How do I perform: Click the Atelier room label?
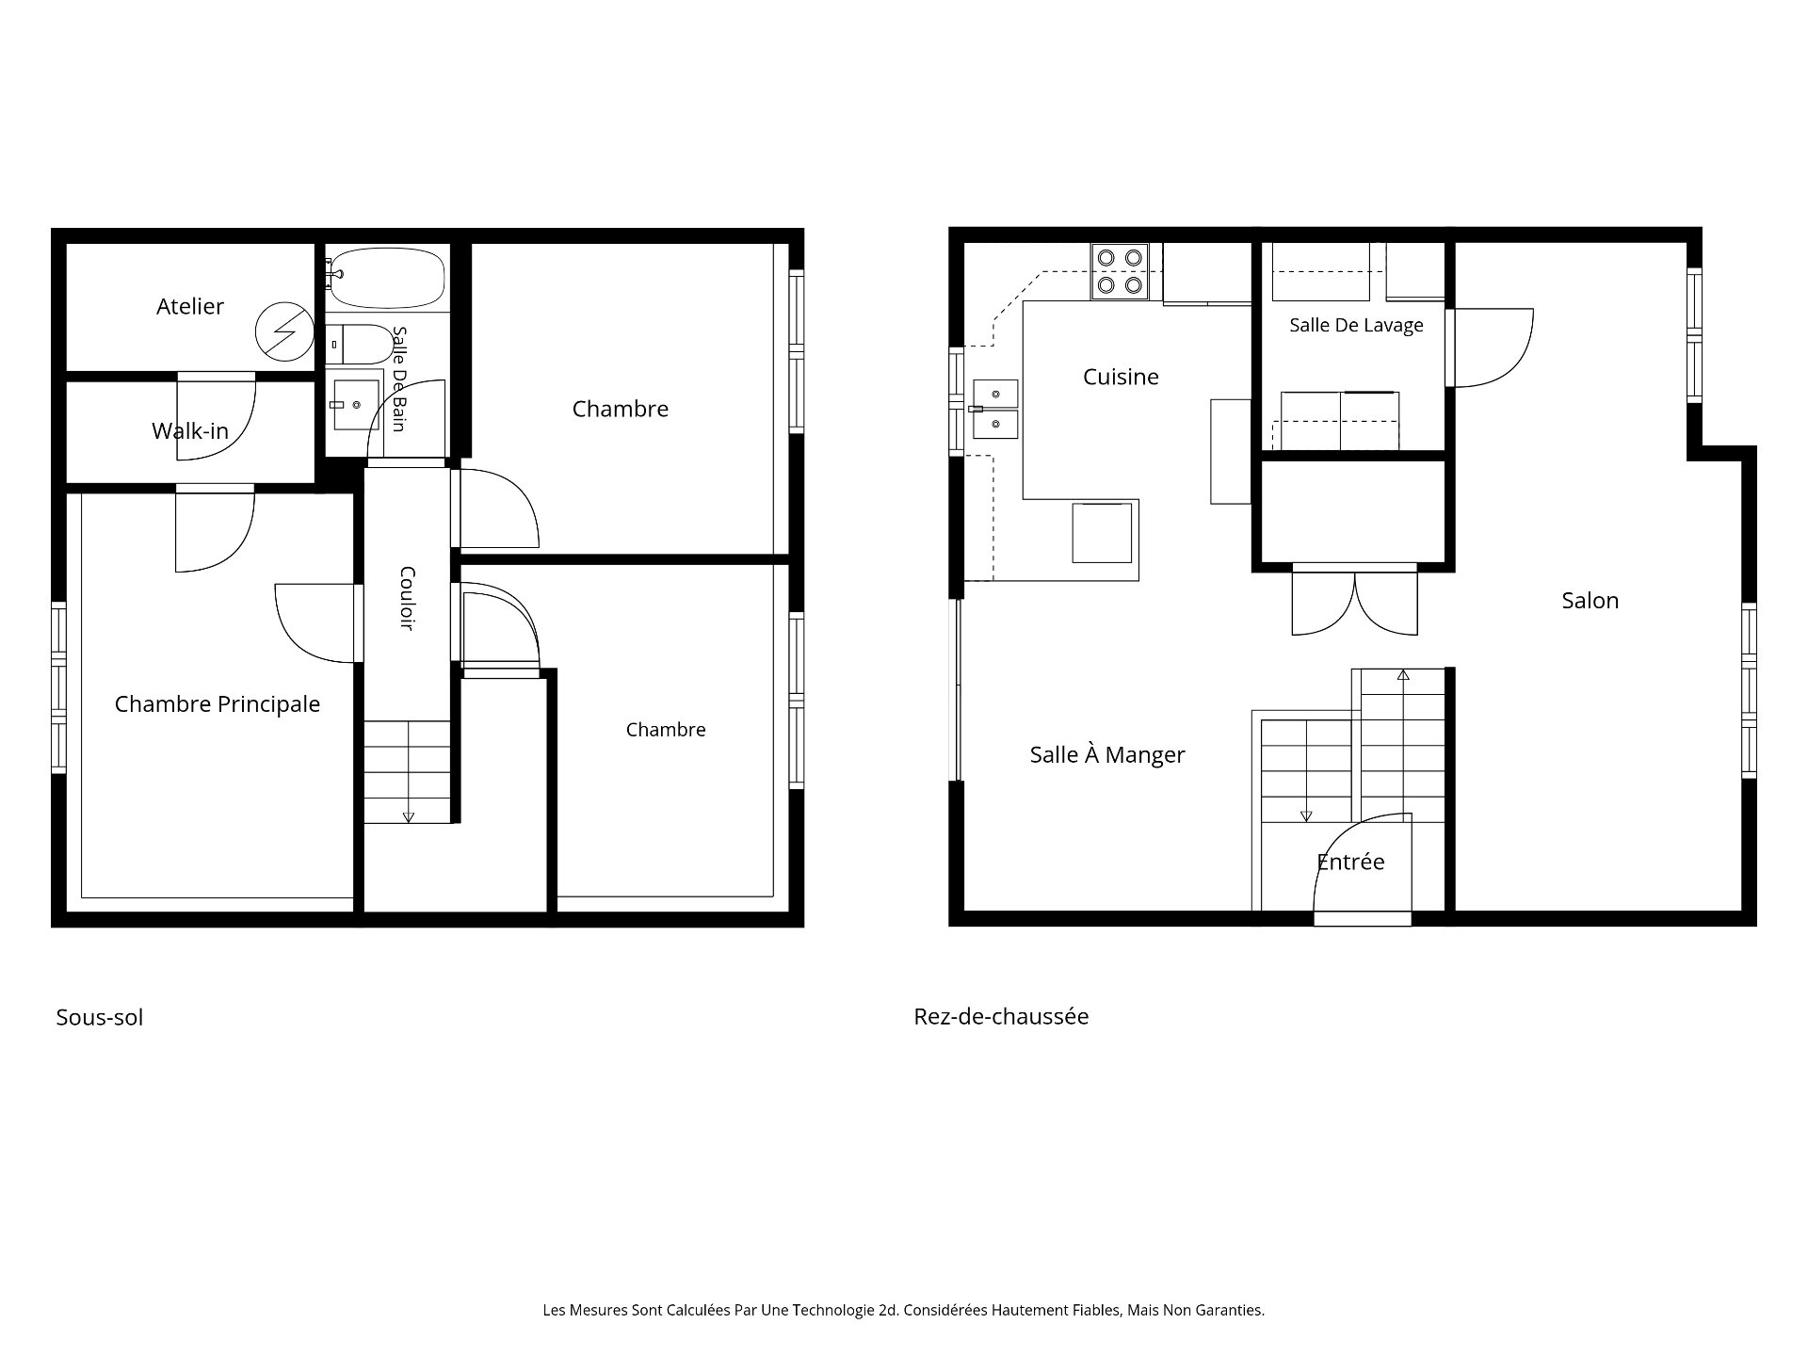190,306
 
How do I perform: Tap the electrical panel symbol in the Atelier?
283,331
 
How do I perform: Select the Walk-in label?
190,431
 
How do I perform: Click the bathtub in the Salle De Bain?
386,277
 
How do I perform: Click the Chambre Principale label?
218,704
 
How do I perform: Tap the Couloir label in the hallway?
408,598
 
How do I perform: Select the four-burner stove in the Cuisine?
1120,271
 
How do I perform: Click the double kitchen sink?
995,410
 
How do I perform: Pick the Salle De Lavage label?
1356,325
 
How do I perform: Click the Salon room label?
1590,601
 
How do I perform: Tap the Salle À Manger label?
1107,754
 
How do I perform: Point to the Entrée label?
1350,862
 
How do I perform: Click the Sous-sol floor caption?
100,1017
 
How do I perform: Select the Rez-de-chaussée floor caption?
1001,1016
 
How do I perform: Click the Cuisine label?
1121,377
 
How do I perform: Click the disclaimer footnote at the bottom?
904,1310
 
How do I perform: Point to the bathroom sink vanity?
357,404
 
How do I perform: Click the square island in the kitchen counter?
1102,532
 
